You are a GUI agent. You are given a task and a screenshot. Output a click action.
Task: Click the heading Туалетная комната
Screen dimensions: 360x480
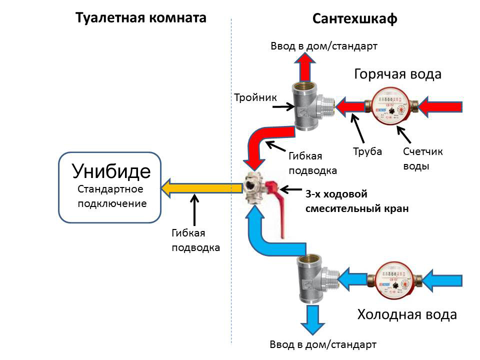coord(140,18)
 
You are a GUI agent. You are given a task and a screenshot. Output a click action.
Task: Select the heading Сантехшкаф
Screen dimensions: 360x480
coord(355,19)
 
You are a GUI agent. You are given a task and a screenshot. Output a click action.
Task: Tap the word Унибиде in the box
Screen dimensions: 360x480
coord(111,171)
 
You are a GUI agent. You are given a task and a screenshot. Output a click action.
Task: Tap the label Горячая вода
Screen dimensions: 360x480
coord(397,74)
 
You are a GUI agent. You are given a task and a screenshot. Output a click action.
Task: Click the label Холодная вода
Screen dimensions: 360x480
coord(406,315)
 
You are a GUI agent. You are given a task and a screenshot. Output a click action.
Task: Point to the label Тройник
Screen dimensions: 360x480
coord(255,97)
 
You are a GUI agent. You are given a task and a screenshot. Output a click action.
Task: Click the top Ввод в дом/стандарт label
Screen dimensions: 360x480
coord(323,46)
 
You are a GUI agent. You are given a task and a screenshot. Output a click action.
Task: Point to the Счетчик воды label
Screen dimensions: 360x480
coord(422,158)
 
